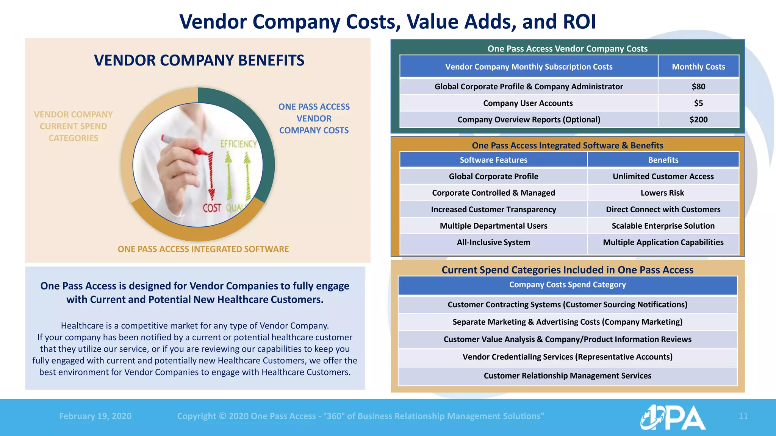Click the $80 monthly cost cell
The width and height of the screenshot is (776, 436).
(698, 87)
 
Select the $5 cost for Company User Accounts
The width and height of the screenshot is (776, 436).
(698, 103)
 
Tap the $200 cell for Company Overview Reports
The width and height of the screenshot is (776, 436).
(698, 120)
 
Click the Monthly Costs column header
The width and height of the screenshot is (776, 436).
(698, 67)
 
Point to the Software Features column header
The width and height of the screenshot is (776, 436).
(493, 160)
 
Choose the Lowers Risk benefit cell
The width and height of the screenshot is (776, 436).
(662, 193)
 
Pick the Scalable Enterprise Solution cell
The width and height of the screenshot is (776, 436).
(663, 226)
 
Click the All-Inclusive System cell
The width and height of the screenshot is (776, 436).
(493, 243)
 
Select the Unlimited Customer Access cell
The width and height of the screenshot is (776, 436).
(663, 176)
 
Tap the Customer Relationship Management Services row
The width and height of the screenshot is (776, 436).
(567, 376)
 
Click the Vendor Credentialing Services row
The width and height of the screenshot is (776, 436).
(567, 357)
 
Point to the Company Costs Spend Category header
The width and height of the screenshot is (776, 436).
(567, 285)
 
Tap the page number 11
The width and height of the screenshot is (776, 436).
(743, 416)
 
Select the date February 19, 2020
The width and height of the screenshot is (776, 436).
(95, 416)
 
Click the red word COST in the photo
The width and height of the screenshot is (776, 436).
(212, 208)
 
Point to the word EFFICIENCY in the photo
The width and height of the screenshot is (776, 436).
(238, 144)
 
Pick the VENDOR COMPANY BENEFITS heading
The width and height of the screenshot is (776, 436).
(199, 61)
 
